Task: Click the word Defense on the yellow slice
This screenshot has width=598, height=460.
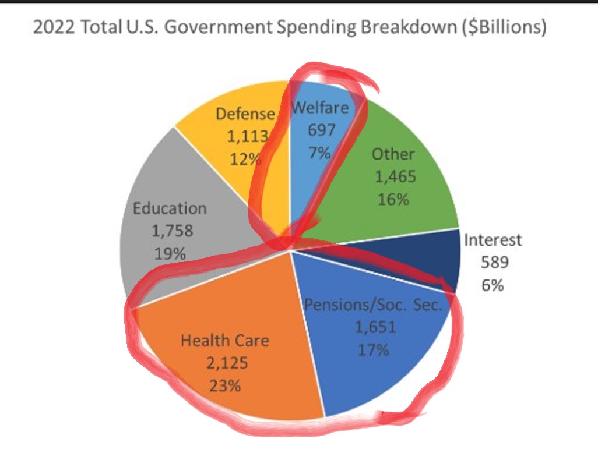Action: coord(245,114)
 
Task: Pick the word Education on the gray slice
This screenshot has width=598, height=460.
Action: coord(170,208)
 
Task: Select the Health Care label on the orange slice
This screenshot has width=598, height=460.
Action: coord(225,340)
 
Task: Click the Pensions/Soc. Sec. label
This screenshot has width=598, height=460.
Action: coord(374,304)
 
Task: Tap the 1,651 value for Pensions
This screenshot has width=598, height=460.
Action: coord(375,327)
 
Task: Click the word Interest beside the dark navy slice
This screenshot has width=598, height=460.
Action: coord(493,239)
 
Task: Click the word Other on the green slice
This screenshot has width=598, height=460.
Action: coord(393,154)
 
